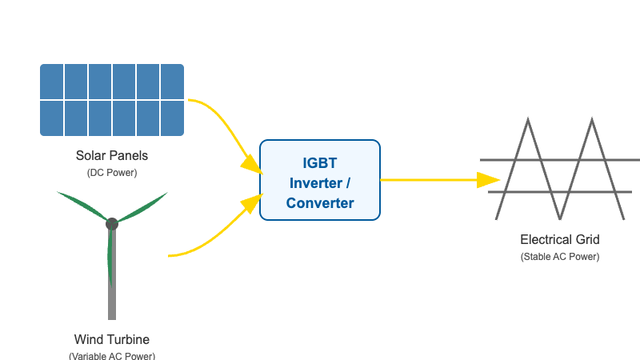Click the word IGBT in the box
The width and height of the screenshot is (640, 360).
[x=320, y=162]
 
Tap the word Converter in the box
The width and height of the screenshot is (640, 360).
[x=320, y=203]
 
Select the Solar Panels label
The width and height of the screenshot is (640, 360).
[x=112, y=155]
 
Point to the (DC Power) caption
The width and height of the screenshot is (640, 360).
[x=112, y=172]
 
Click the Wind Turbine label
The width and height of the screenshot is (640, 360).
[x=112, y=338]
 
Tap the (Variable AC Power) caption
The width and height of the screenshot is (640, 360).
[x=112, y=354]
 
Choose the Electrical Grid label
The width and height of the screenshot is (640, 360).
[x=560, y=239]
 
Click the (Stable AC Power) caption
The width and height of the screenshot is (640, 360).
[x=560, y=257]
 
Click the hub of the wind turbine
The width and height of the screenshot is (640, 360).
[x=112, y=223]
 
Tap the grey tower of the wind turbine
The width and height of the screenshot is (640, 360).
[x=112, y=296]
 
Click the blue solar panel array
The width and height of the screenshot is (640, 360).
[x=112, y=99]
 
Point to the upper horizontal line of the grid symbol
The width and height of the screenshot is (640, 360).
[x=560, y=161]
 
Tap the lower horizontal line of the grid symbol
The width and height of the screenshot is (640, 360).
[x=560, y=192]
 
